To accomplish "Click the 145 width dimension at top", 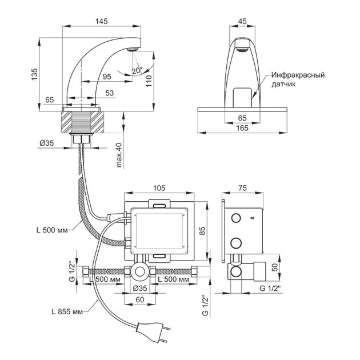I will [101, 21].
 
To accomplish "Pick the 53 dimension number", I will [109, 93].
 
